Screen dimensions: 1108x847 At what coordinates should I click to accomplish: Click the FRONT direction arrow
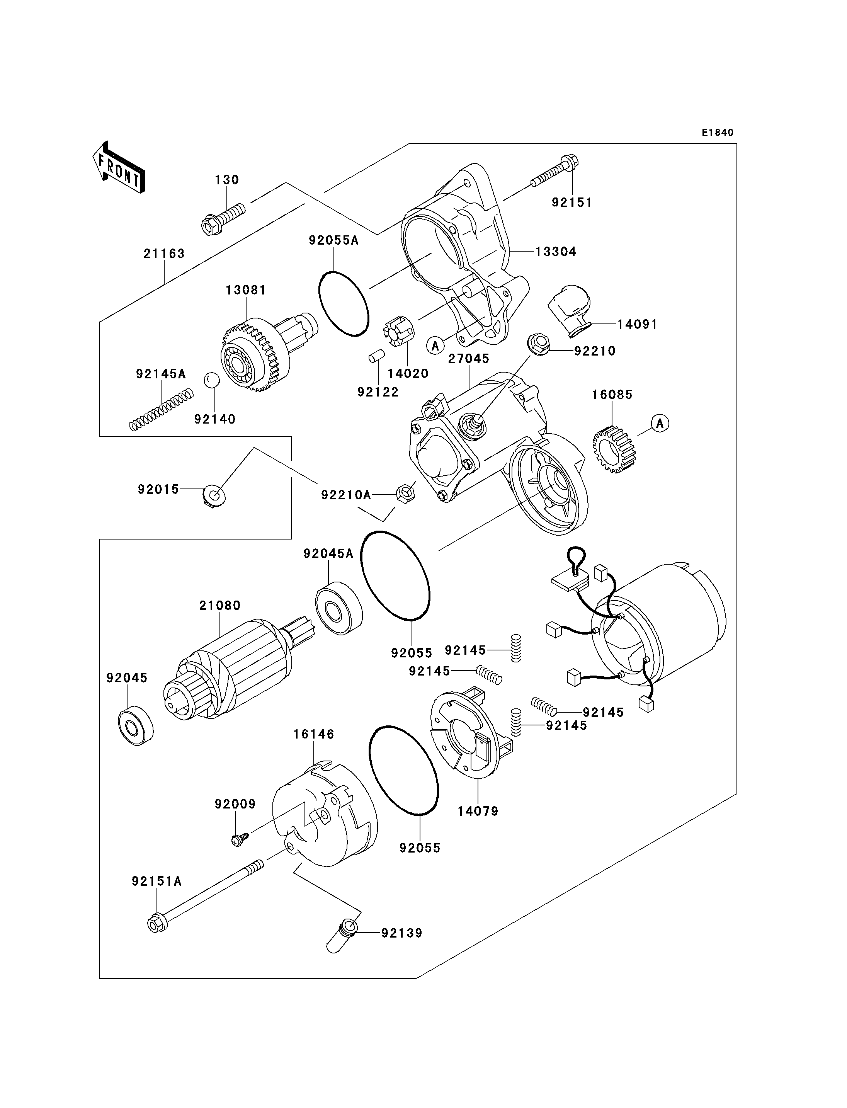coord(119,168)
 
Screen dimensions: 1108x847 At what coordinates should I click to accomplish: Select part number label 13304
coord(556,252)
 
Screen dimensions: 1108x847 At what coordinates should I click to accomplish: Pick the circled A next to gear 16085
coord(660,423)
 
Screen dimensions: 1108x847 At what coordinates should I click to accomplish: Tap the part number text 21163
coord(164,254)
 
